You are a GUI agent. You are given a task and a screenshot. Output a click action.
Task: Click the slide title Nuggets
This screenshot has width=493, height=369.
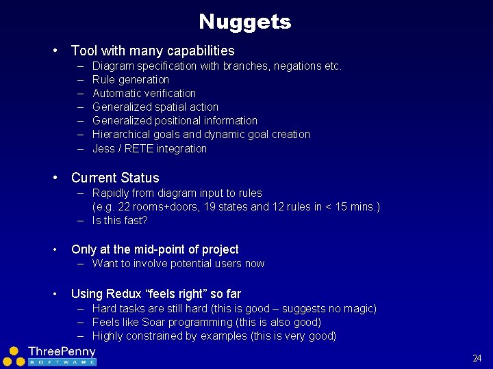tap(245, 22)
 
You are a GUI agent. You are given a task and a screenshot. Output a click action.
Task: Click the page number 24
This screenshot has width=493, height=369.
tap(477, 358)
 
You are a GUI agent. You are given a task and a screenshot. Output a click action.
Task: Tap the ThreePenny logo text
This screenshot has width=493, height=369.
tap(62, 351)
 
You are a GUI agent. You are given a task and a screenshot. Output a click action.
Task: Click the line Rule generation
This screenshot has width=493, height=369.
tap(131, 79)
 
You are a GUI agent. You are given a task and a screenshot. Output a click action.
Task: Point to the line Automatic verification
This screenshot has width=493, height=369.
tap(144, 93)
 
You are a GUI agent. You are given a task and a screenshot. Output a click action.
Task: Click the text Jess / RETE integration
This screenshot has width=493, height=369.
tap(149, 148)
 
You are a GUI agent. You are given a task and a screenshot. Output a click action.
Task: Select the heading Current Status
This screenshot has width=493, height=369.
tap(115, 178)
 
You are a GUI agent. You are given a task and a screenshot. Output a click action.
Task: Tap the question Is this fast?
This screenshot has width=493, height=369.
tap(120, 220)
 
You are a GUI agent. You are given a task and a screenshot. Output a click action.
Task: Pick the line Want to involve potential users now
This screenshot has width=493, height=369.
tap(178, 263)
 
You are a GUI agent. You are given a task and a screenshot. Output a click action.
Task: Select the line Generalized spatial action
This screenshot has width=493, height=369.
tap(155, 107)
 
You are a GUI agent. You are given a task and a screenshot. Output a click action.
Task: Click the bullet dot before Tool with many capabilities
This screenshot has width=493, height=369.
tap(53, 51)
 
